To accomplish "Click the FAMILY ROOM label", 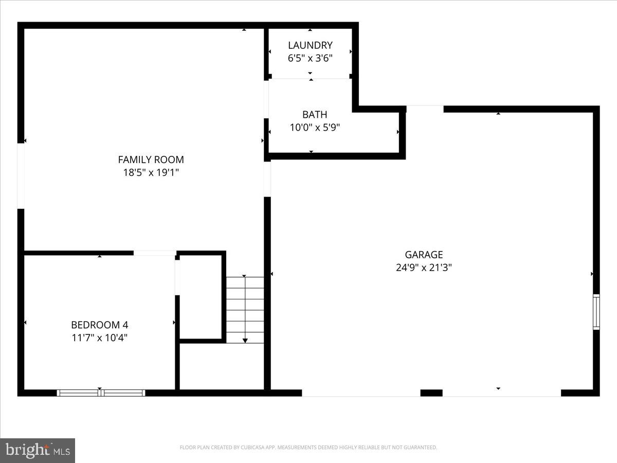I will click(151, 159).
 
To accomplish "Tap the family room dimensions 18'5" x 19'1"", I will click(151, 172).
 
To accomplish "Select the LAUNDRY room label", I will click(310, 45).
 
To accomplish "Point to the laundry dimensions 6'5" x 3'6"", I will click(310, 58).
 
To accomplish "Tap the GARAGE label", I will click(424, 255).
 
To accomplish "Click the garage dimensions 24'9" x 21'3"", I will click(424, 268).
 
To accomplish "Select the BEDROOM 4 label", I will click(99, 325).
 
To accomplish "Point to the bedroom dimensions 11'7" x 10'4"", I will click(99, 338).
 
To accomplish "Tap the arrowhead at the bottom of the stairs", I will click(245, 340).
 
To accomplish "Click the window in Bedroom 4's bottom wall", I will click(101, 393).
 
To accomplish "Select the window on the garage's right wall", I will click(596, 312).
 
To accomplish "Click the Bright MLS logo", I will click(38, 450).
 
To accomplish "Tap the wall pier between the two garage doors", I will click(431, 393).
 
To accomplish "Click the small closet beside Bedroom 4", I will click(201, 296).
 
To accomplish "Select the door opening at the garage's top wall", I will click(425, 109).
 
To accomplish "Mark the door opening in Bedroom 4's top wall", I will click(155, 253).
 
